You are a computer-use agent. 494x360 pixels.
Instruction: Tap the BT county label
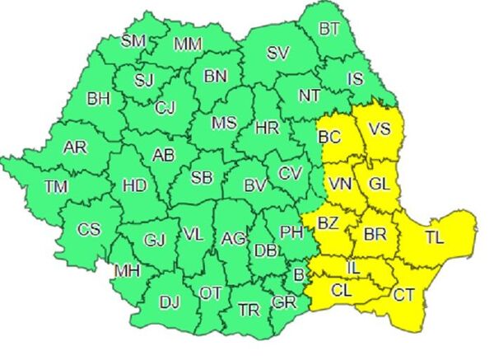point(329,30)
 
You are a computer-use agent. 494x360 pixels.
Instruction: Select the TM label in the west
point(57,187)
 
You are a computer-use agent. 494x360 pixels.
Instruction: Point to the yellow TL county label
point(434,238)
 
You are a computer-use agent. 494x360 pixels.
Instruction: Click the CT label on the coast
point(403,295)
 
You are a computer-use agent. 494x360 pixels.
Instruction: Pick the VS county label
point(379,129)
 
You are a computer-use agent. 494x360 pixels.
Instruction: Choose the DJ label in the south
point(169,302)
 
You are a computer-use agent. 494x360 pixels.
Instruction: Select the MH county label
point(126,270)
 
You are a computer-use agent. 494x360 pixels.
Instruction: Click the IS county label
point(356,80)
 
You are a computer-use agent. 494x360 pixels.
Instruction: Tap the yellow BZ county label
point(329,222)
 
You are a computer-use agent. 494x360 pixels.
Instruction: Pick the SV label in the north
point(278,54)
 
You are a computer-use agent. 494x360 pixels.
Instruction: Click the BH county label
point(98,99)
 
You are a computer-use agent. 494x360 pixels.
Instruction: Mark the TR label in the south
point(248,309)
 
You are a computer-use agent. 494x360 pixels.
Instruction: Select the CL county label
point(341,289)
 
